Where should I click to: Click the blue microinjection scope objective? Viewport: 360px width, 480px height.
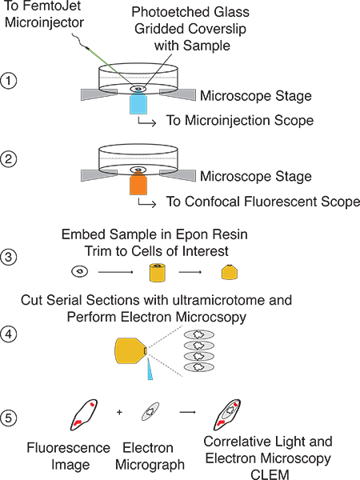[138, 104]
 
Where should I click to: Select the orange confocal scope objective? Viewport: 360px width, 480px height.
[138, 185]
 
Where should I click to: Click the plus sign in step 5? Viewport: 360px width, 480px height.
[119, 412]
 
